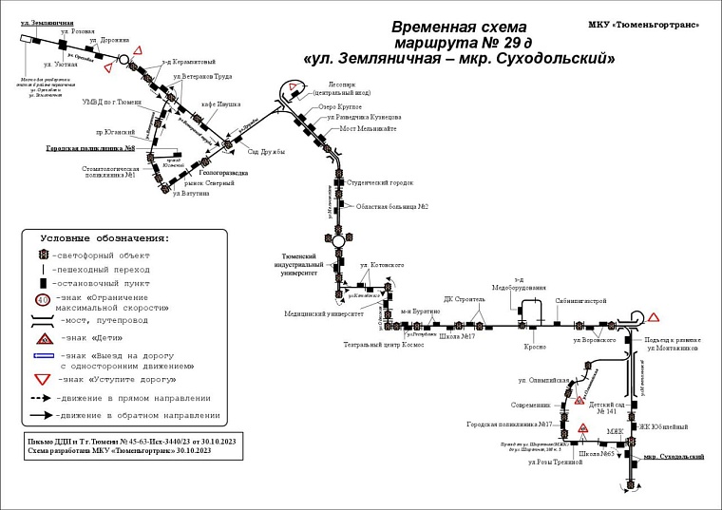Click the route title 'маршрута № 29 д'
459,44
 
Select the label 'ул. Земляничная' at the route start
39,22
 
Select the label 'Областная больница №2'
392,206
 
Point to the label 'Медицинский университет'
324,312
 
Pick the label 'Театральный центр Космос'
384,345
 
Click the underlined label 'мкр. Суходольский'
674,457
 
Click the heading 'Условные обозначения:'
104,237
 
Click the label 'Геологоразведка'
224,173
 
